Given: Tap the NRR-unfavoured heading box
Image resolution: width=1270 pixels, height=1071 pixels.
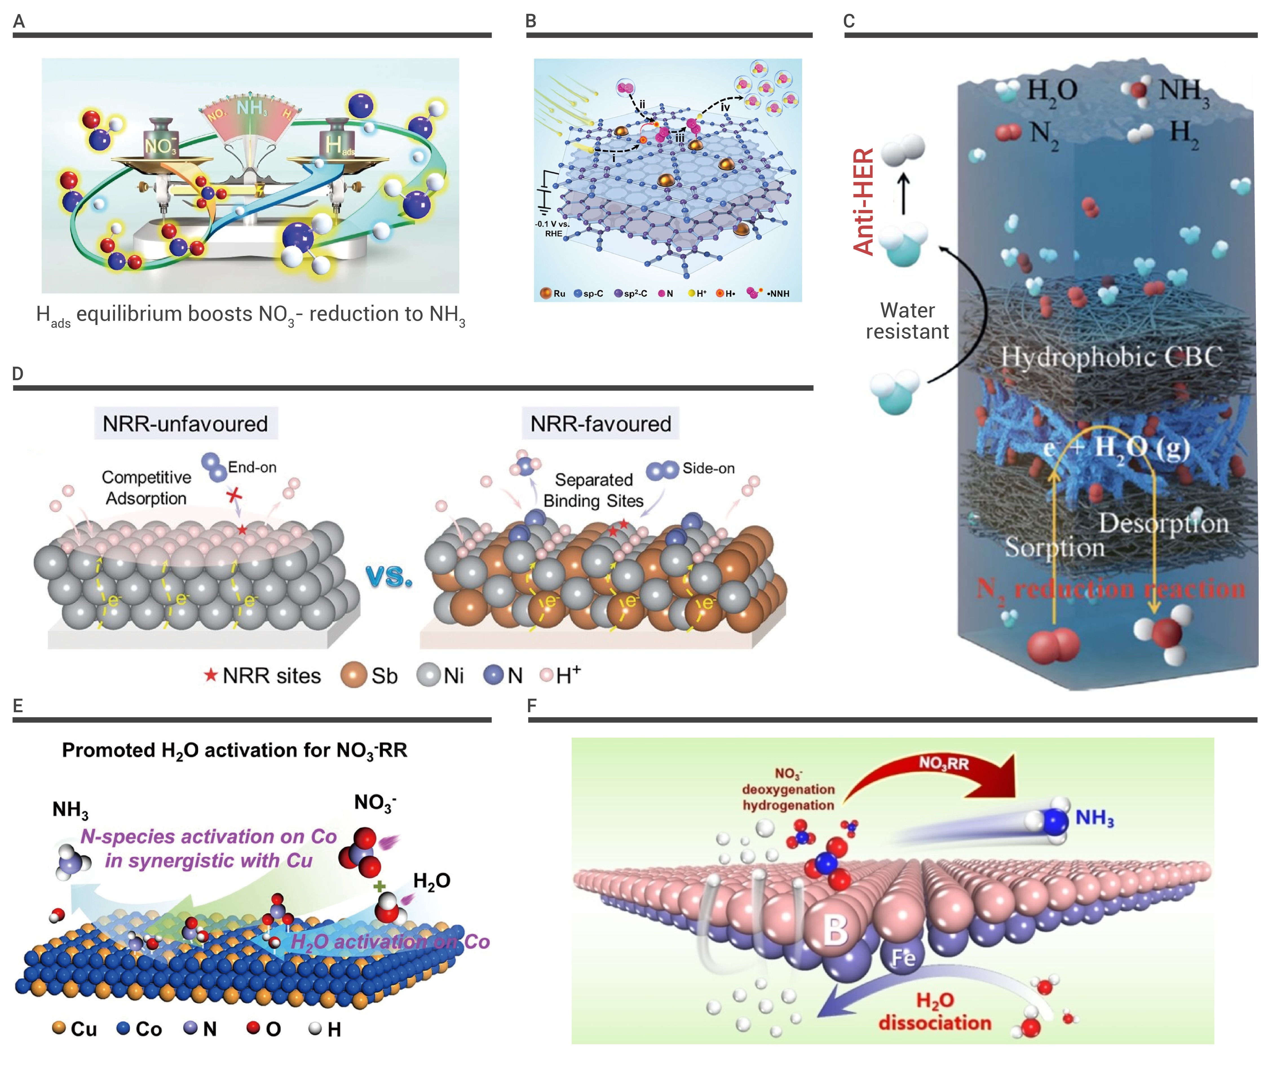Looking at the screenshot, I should [x=185, y=423].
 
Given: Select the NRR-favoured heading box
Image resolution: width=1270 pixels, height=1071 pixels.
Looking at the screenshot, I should [x=600, y=423].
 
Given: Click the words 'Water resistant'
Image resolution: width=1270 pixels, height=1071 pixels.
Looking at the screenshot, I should [x=907, y=320].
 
